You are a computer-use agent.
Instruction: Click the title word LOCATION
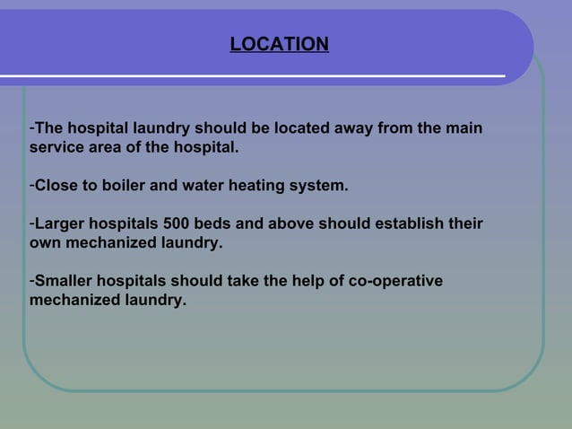coord(279,44)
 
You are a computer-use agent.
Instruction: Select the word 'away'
coord(348,129)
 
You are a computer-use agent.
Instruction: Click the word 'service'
coord(55,147)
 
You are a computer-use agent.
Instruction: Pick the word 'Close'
coord(56,187)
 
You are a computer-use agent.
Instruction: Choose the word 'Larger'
coord(60,223)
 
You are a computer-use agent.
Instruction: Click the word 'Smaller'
coord(65,282)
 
